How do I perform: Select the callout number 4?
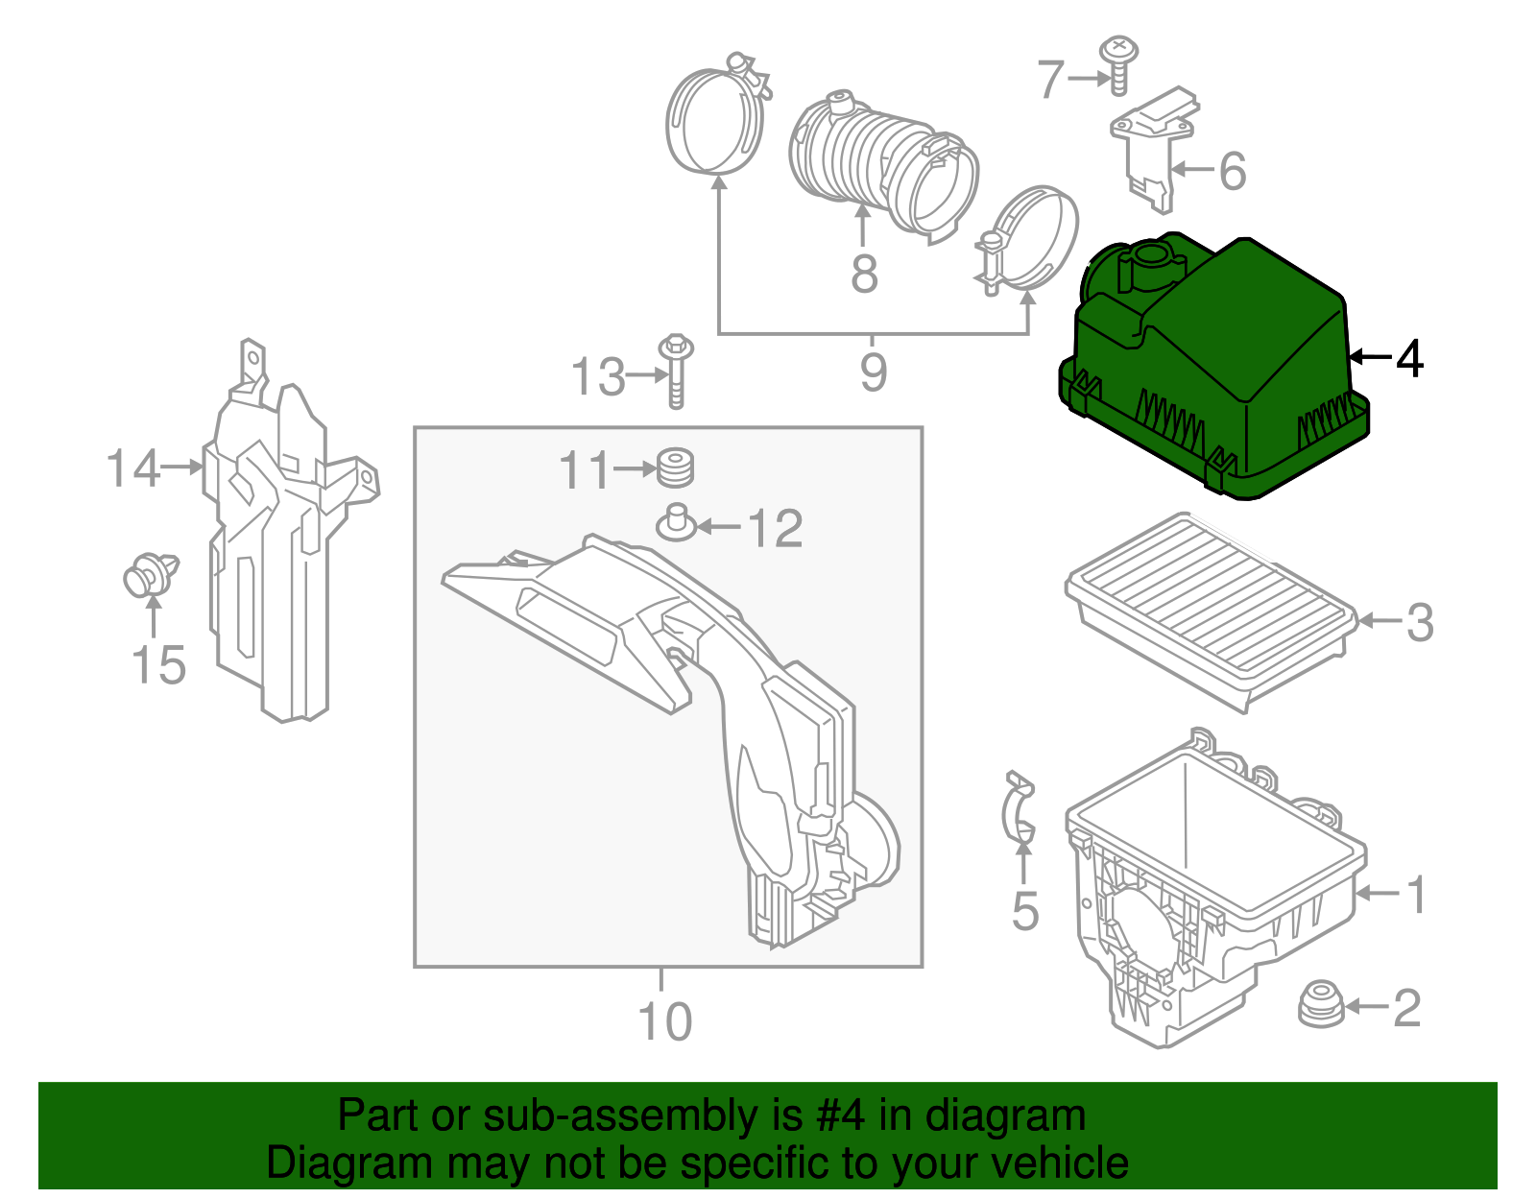(1408, 358)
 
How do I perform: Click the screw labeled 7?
(1117, 65)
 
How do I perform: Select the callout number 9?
(873, 372)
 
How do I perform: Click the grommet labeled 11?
(676, 468)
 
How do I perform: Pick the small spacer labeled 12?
(676, 524)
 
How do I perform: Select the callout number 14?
(132, 468)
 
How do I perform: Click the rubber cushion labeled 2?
(1321, 1004)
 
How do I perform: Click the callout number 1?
(1416, 894)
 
